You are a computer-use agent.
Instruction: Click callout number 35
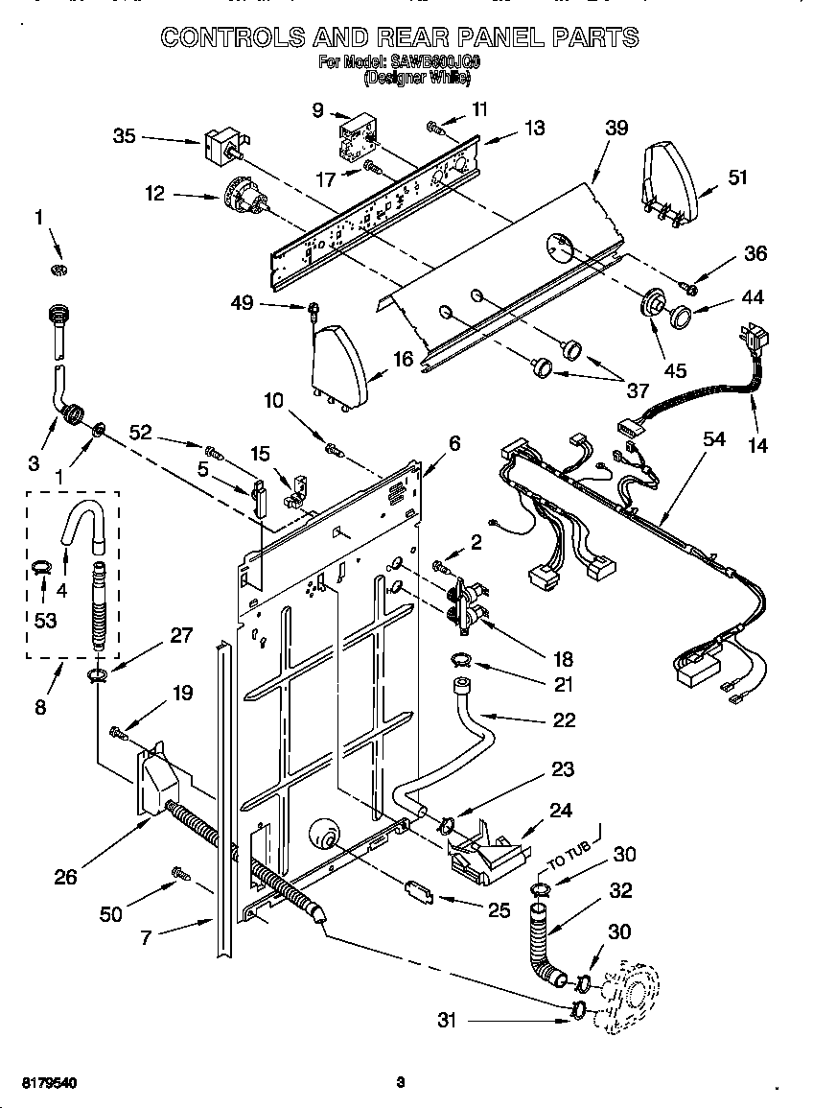point(125,136)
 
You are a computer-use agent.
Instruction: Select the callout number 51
point(737,177)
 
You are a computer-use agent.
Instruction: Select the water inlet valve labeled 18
point(462,605)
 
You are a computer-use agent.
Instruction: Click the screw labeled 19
point(118,733)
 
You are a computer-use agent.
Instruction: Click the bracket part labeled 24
point(487,849)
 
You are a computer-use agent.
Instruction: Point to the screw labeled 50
point(179,873)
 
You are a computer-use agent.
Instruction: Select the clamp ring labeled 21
point(461,659)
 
